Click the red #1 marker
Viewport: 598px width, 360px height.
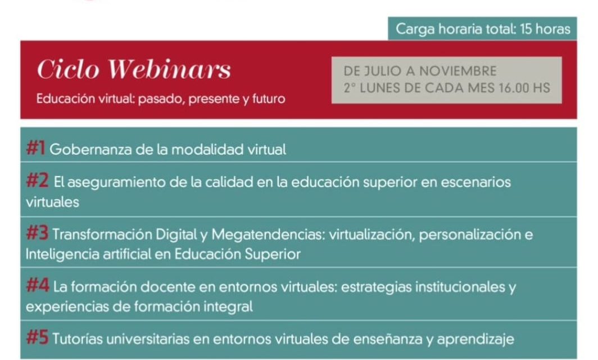(35, 148)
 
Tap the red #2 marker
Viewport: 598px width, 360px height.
(37, 181)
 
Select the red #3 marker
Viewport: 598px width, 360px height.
(37, 233)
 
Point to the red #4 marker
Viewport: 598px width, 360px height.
(38, 285)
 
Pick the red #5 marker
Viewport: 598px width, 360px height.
(37, 337)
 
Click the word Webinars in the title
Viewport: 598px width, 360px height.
(169, 69)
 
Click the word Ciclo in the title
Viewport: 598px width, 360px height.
(68, 69)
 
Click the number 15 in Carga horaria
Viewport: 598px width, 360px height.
(525, 29)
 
